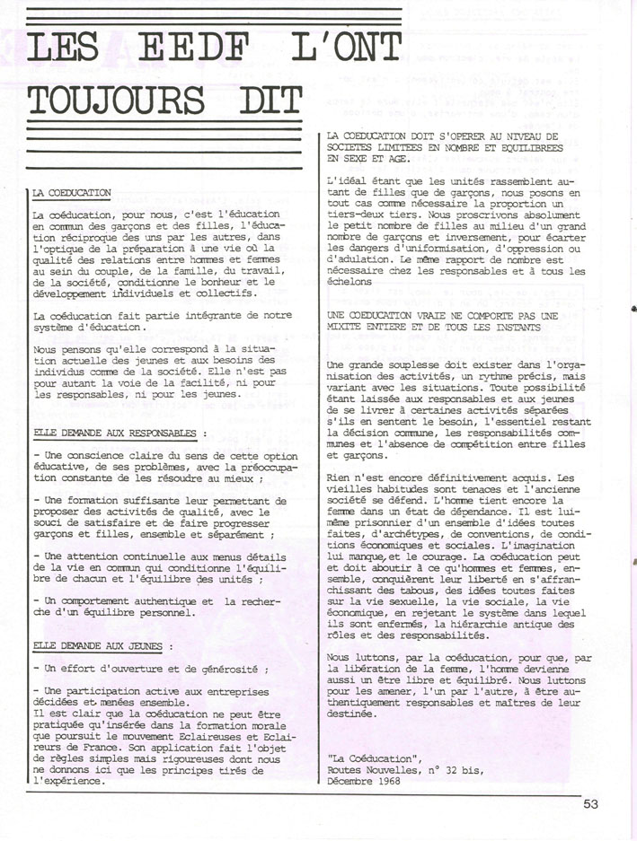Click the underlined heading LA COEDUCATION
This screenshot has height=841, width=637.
(x=71, y=193)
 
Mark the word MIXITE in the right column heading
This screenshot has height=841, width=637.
(x=349, y=328)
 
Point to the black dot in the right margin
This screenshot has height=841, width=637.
(x=634, y=308)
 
